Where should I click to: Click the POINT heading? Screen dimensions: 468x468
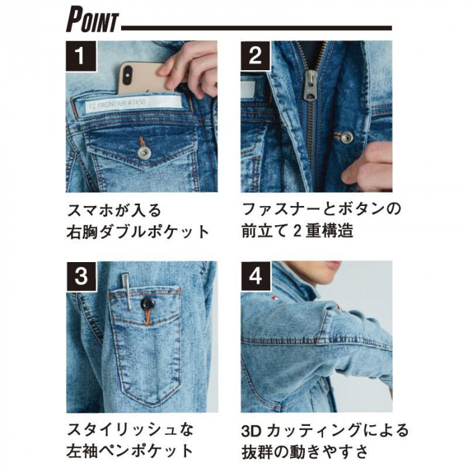pos(92,20)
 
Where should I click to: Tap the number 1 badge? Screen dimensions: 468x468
pos(81,55)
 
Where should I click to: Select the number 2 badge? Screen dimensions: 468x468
pos(255,55)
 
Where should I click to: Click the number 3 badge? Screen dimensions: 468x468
pos(82,276)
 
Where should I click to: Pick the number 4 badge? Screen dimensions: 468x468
pos(256,276)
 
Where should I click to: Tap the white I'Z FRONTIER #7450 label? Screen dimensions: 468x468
pos(134,104)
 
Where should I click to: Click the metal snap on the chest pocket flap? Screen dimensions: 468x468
pos(144,152)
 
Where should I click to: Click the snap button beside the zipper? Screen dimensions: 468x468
pos(346,138)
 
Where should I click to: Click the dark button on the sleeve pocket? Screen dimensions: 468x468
pos(147,304)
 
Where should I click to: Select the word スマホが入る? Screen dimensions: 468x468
pos(114,211)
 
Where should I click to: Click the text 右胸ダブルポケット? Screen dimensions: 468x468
pos(138,232)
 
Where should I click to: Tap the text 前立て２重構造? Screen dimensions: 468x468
pos(298,231)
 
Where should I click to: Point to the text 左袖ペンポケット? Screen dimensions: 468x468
pos(130,451)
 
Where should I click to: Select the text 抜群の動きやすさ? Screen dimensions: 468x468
pos(305,452)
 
